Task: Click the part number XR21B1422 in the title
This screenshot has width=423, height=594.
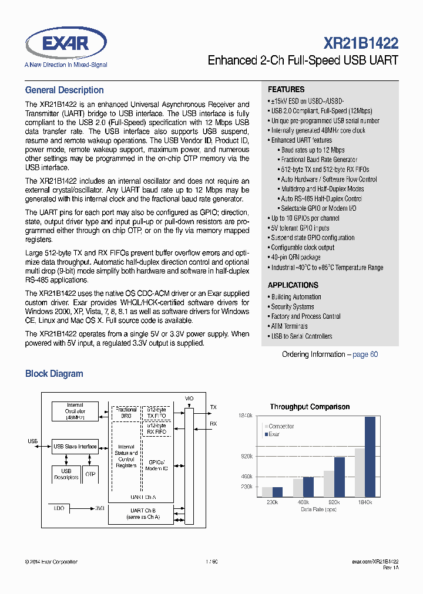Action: click(361, 43)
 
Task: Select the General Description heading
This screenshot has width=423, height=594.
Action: click(64, 90)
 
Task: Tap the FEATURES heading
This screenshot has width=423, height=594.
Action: click(286, 89)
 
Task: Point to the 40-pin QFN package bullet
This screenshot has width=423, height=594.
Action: click(296, 257)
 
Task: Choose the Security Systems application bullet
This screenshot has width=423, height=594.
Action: click(292, 306)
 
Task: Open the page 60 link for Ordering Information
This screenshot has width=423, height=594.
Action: click(365, 355)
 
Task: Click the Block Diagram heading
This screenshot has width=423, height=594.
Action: click(54, 374)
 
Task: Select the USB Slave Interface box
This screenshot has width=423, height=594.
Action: click(75, 447)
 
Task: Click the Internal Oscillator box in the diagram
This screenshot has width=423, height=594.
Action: click(75, 411)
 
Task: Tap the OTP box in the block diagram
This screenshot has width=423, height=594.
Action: click(90, 474)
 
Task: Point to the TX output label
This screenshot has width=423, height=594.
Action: click(213, 407)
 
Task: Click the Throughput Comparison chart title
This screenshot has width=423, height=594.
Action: click(310, 407)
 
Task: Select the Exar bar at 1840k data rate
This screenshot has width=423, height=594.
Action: click(370, 457)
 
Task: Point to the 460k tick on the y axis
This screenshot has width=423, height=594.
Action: click(247, 477)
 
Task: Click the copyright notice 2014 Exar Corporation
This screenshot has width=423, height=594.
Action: click(51, 562)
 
